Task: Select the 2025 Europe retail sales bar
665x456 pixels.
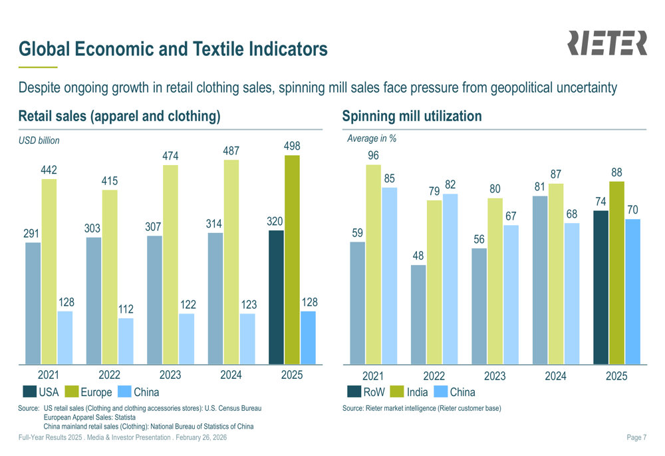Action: coord(291,260)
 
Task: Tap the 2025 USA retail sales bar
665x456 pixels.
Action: coord(276,297)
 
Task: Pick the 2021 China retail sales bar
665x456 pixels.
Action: coord(65,338)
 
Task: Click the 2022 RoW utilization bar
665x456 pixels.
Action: coord(418,314)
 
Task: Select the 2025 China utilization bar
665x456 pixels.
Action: coord(632,292)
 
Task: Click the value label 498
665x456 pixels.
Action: coord(291,146)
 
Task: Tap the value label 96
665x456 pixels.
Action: coord(374,156)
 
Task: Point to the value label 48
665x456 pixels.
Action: coord(418,256)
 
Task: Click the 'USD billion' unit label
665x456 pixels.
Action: coord(39,140)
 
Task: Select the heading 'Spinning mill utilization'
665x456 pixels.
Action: coord(412,116)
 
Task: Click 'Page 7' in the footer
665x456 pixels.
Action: coord(636,437)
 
